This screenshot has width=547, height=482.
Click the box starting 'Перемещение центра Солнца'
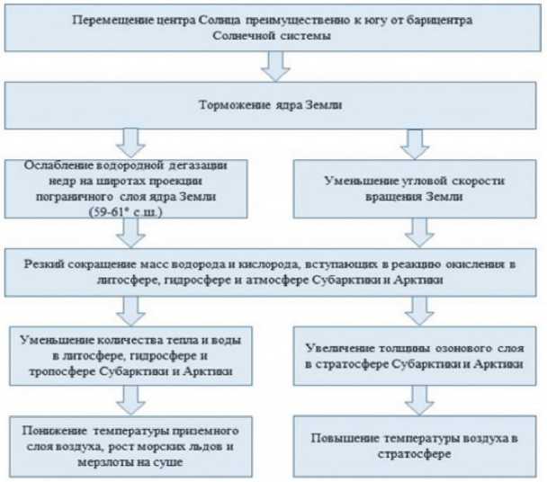tap(273, 27)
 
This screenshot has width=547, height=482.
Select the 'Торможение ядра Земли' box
tap(273, 105)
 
